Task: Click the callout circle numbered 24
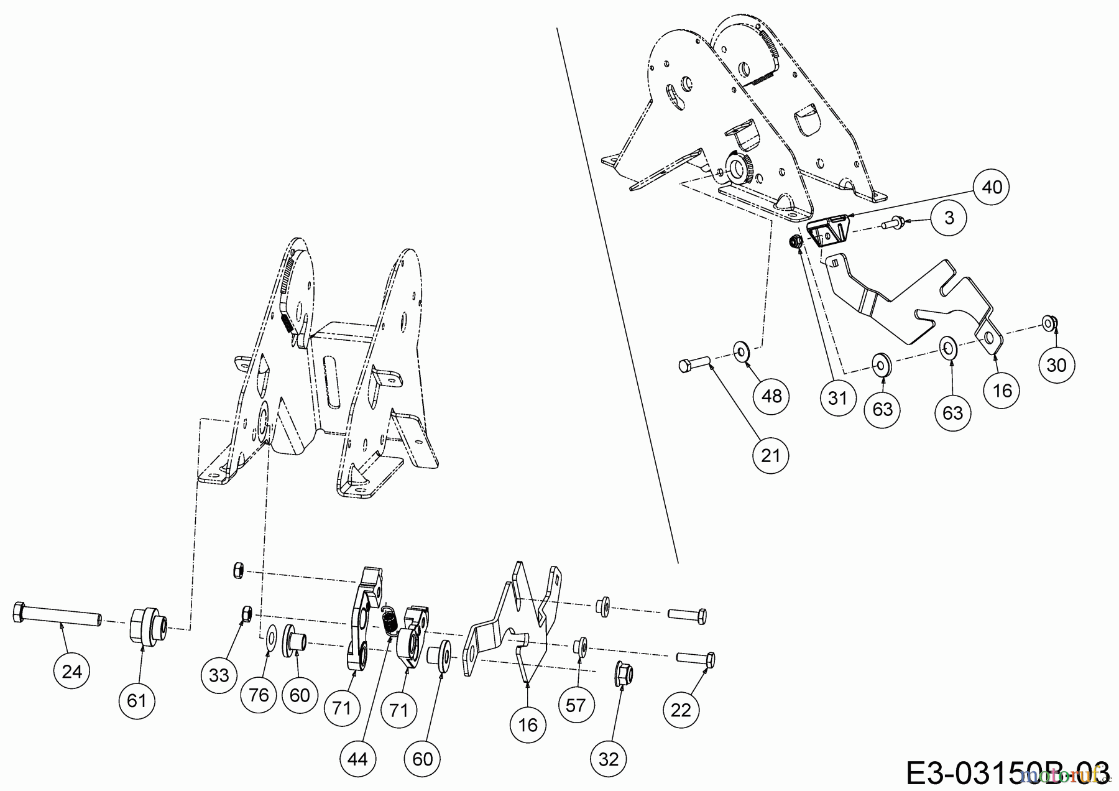72,672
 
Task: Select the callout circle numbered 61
136,701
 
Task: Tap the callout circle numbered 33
219,675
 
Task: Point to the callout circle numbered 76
259,694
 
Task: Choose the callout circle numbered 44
358,759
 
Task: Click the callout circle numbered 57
576,705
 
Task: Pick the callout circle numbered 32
609,759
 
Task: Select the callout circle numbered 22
681,710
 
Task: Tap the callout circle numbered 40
992,187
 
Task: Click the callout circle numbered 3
949,218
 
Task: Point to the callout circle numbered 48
771,395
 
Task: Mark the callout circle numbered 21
770,456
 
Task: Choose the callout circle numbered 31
837,397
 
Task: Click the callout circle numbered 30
1057,365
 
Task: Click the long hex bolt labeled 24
56,616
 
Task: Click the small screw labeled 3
894,221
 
